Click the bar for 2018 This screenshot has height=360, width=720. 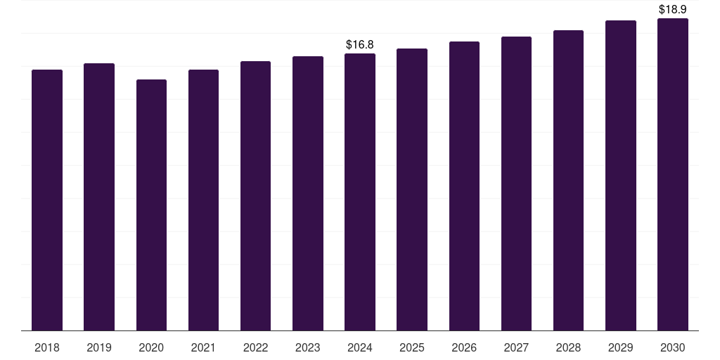(x=47, y=200)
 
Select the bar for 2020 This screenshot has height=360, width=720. (x=151, y=205)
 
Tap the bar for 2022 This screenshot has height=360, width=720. (x=255, y=196)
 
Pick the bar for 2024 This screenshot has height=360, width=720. (x=360, y=192)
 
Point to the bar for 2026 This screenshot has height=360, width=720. (x=464, y=186)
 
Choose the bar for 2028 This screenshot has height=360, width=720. (x=568, y=181)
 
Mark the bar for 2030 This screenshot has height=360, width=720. (x=672, y=174)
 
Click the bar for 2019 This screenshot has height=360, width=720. (x=99, y=197)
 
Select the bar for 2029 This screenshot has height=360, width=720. (x=620, y=176)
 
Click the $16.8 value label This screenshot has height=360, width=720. (x=360, y=45)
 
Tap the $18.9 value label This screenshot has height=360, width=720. (x=672, y=10)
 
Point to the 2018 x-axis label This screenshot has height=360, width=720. (x=47, y=347)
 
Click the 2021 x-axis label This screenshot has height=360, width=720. (x=203, y=347)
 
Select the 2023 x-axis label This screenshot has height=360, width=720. (x=307, y=347)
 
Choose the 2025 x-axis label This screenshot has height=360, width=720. (x=412, y=347)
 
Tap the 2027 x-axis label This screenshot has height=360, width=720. (x=516, y=347)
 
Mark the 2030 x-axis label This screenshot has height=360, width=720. (x=672, y=347)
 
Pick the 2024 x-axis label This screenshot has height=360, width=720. (x=360, y=347)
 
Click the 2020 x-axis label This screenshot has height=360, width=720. (x=151, y=347)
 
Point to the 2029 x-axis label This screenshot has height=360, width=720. (x=620, y=347)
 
